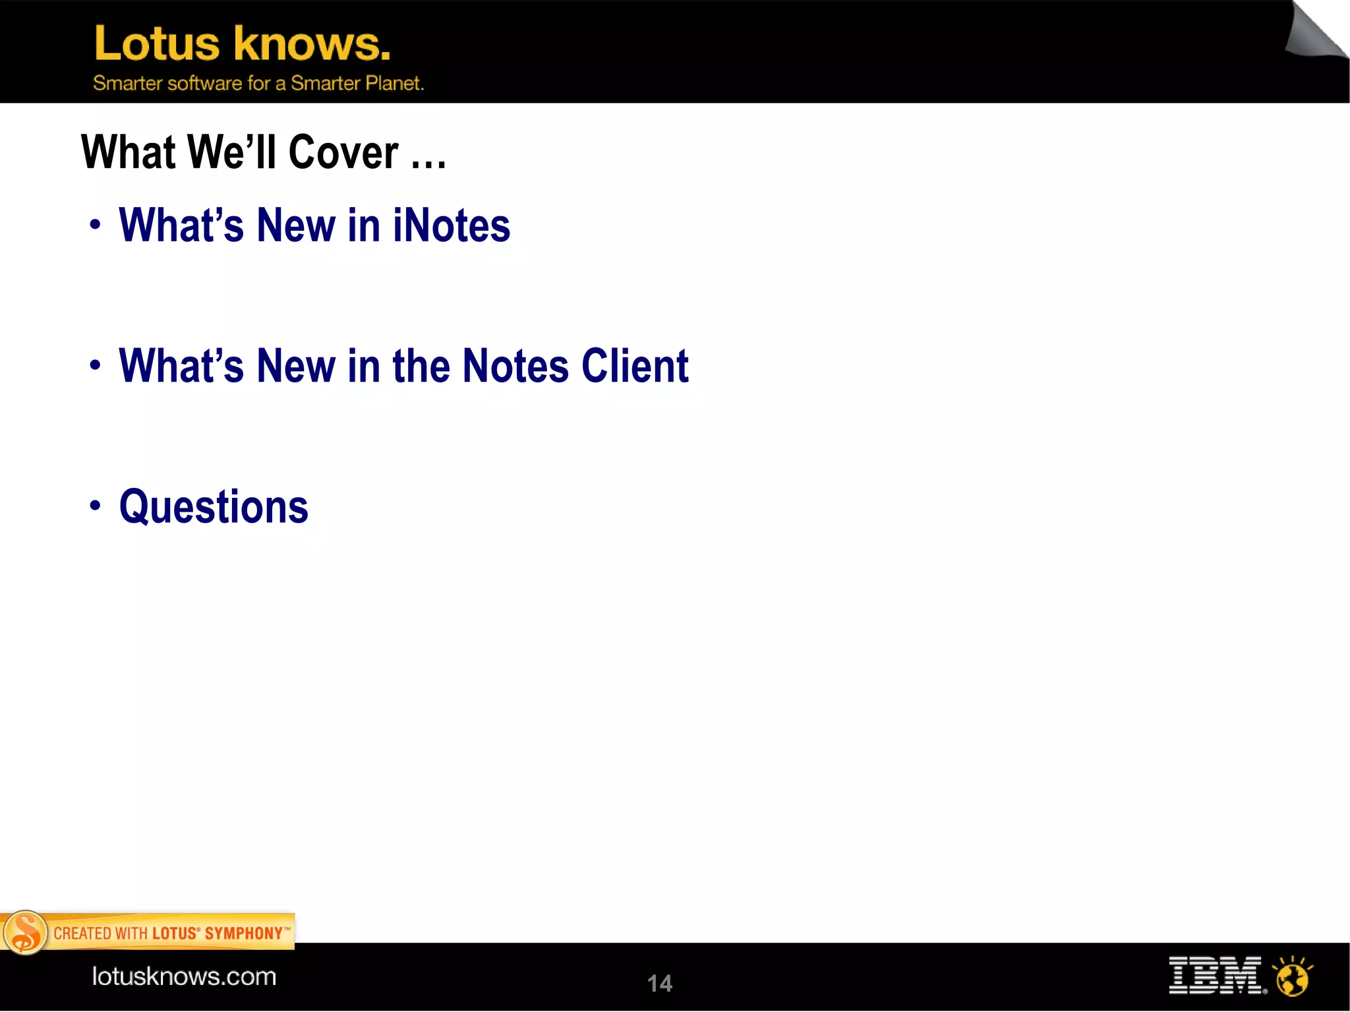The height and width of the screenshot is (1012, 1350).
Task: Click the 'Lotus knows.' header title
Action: tap(242, 44)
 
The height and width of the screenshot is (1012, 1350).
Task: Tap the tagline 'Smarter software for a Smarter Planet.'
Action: tap(258, 84)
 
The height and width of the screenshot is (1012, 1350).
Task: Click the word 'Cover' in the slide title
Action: tap(343, 153)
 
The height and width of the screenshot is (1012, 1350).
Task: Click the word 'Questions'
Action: tap(214, 507)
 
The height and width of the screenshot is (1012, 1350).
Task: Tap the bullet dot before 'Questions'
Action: tap(96, 506)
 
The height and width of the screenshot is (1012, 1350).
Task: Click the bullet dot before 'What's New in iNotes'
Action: tap(96, 225)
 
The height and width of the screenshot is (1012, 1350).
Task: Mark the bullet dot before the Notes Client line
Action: tap(96, 365)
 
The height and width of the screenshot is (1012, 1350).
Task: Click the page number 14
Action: tap(659, 984)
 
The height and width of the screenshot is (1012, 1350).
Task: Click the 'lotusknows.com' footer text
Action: tap(184, 976)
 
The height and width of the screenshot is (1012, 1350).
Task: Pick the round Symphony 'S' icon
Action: tap(25, 933)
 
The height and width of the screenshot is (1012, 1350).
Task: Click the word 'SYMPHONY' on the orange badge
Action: tap(243, 934)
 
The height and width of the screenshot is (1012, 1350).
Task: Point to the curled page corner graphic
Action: tap(1316, 32)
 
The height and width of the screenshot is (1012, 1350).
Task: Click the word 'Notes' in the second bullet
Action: tap(515, 366)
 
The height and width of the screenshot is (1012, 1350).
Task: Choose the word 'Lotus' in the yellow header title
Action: tap(157, 44)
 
